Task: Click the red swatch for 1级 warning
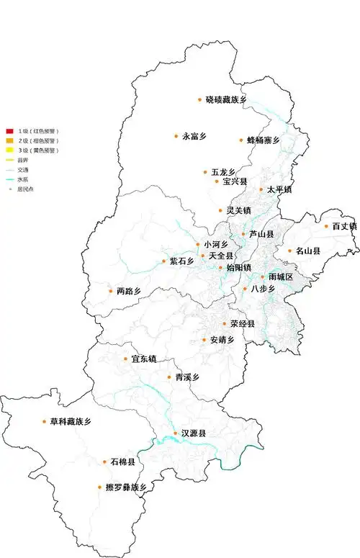[x=9, y=131]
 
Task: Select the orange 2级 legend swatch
[x=9, y=140]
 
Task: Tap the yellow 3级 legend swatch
[x=9, y=150]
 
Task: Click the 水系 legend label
[x=24, y=179]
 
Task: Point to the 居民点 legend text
[x=26, y=189]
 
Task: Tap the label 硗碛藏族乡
[x=226, y=99]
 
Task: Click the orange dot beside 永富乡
[x=176, y=135]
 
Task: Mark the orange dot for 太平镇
[x=261, y=190]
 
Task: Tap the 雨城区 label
[x=281, y=276]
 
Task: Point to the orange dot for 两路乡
[x=110, y=292]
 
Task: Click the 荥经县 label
[x=243, y=324]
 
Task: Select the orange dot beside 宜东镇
[x=125, y=359]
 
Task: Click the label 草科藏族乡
[x=71, y=422]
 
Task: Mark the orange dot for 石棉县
[x=106, y=461]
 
